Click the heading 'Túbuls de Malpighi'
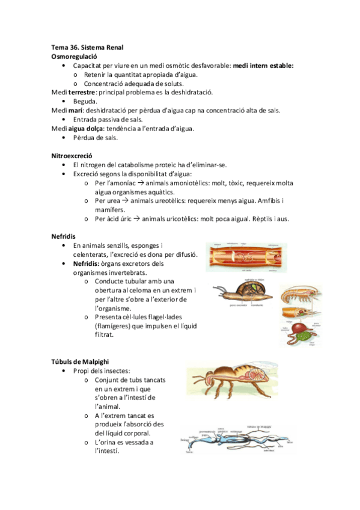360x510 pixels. [80, 361]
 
